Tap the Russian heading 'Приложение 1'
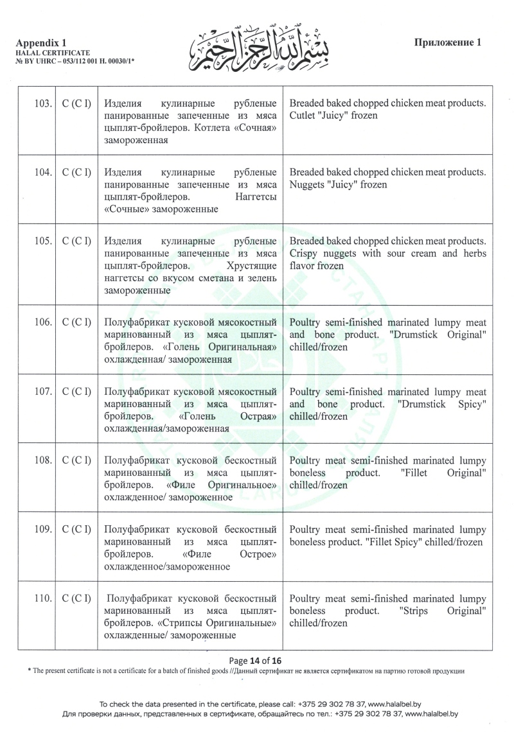click(x=448, y=42)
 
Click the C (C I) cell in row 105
click(x=76, y=241)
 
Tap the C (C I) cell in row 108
click(x=76, y=460)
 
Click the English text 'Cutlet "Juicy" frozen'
click(x=333, y=116)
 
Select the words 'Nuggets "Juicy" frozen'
click(x=339, y=185)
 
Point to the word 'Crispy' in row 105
click(x=305, y=254)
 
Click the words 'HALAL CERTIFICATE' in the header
click(x=53, y=51)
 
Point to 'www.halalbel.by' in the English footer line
click(x=389, y=704)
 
